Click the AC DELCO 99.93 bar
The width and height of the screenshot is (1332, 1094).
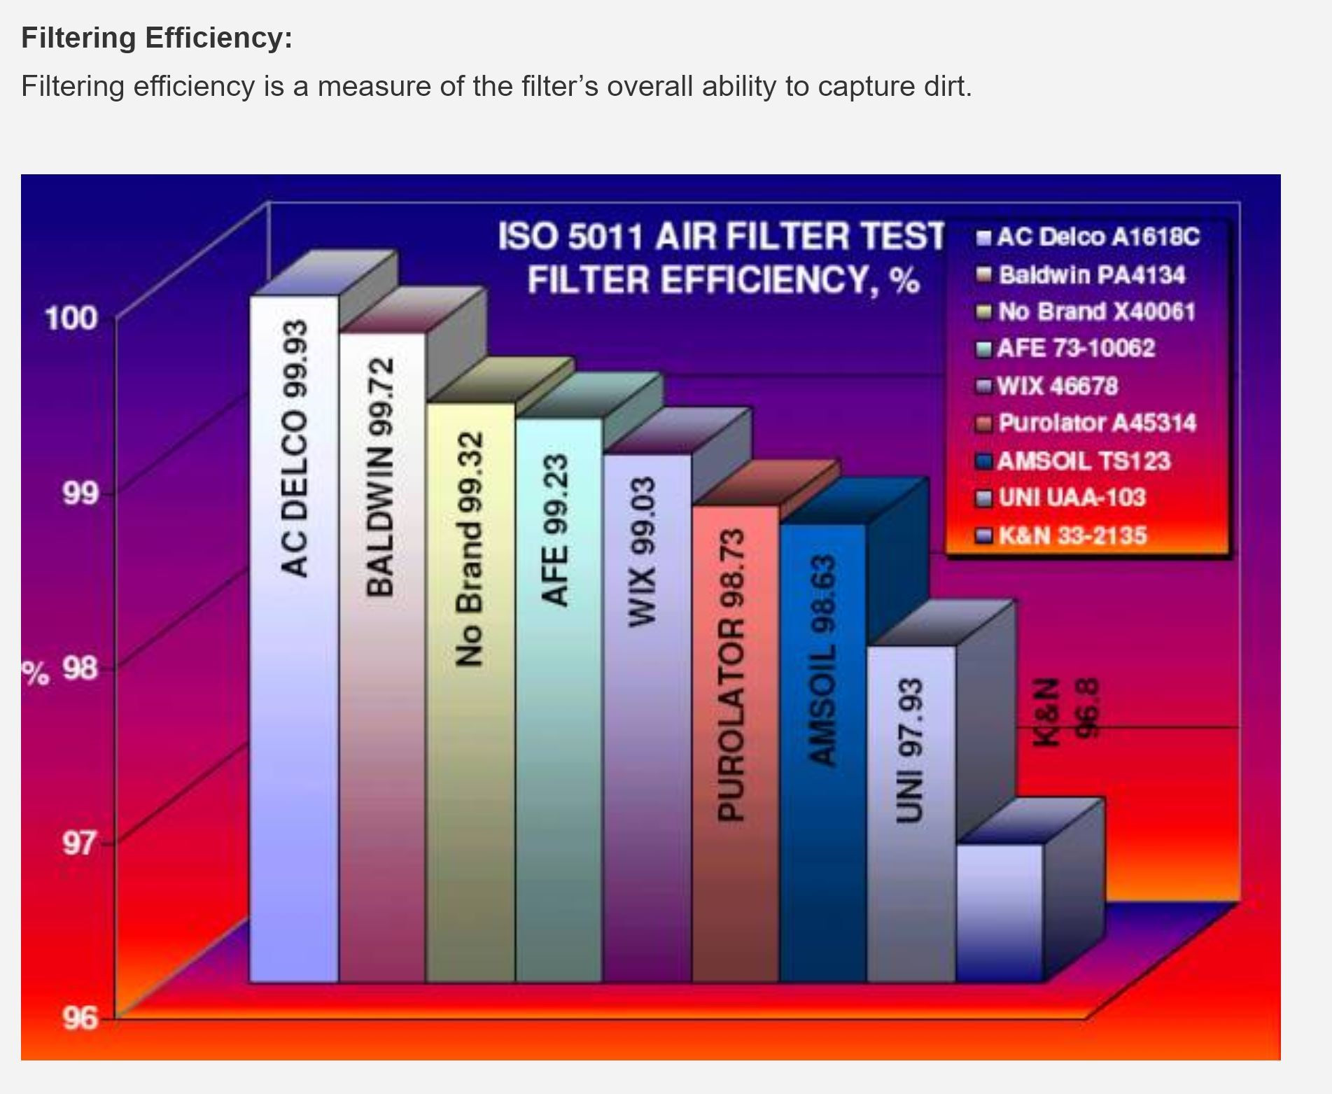click(x=294, y=638)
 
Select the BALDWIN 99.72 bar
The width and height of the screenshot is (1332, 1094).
click(x=382, y=657)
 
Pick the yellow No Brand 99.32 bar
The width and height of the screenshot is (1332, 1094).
click(x=470, y=692)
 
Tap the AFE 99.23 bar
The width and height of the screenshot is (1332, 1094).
click(x=559, y=700)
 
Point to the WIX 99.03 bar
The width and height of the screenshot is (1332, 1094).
click(x=647, y=718)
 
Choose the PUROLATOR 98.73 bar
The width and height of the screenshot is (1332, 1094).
click(x=735, y=743)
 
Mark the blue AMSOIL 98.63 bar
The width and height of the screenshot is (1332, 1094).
click(x=823, y=752)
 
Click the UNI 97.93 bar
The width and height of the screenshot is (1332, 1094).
click(x=911, y=814)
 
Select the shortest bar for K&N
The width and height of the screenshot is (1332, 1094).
click(x=1000, y=913)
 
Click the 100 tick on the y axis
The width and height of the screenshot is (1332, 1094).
click(x=70, y=318)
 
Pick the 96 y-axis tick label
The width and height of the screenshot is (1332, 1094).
click(x=80, y=1018)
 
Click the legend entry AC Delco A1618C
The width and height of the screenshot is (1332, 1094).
click(x=1089, y=237)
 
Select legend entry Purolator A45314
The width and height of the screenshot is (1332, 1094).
click(x=1087, y=423)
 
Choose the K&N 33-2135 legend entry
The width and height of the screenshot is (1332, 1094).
click(x=1063, y=535)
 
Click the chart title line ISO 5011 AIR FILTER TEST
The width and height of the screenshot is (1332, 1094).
click(x=722, y=236)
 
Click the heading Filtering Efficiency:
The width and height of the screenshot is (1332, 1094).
click(x=157, y=37)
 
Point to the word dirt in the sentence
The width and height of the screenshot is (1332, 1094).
click(x=946, y=86)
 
